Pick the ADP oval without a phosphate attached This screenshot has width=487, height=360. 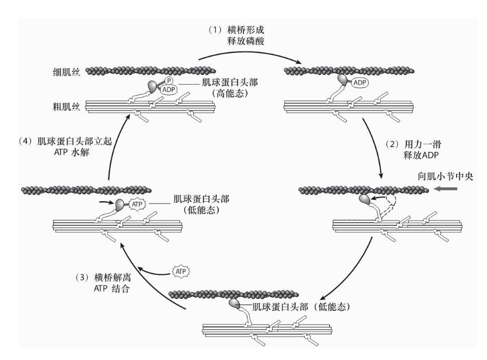click(x=360, y=82)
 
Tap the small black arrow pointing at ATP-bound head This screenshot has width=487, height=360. click(x=107, y=202)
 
